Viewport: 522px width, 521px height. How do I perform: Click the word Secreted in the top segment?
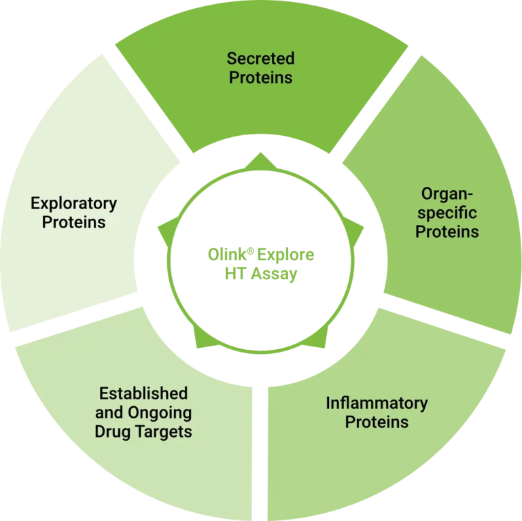[x=260, y=58]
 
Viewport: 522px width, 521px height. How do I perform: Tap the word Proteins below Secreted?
[x=260, y=77]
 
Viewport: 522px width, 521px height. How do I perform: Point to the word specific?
[x=447, y=213]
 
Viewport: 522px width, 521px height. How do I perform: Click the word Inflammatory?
[x=377, y=403]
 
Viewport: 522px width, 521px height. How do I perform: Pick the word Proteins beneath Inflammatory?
[x=377, y=422]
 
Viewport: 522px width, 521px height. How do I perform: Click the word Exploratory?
[x=73, y=204]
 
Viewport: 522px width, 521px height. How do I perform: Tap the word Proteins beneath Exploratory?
[x=73, y=223]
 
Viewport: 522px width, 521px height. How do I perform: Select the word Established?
[x=143, y=393]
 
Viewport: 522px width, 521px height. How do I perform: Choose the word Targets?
[x=162, y=431]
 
